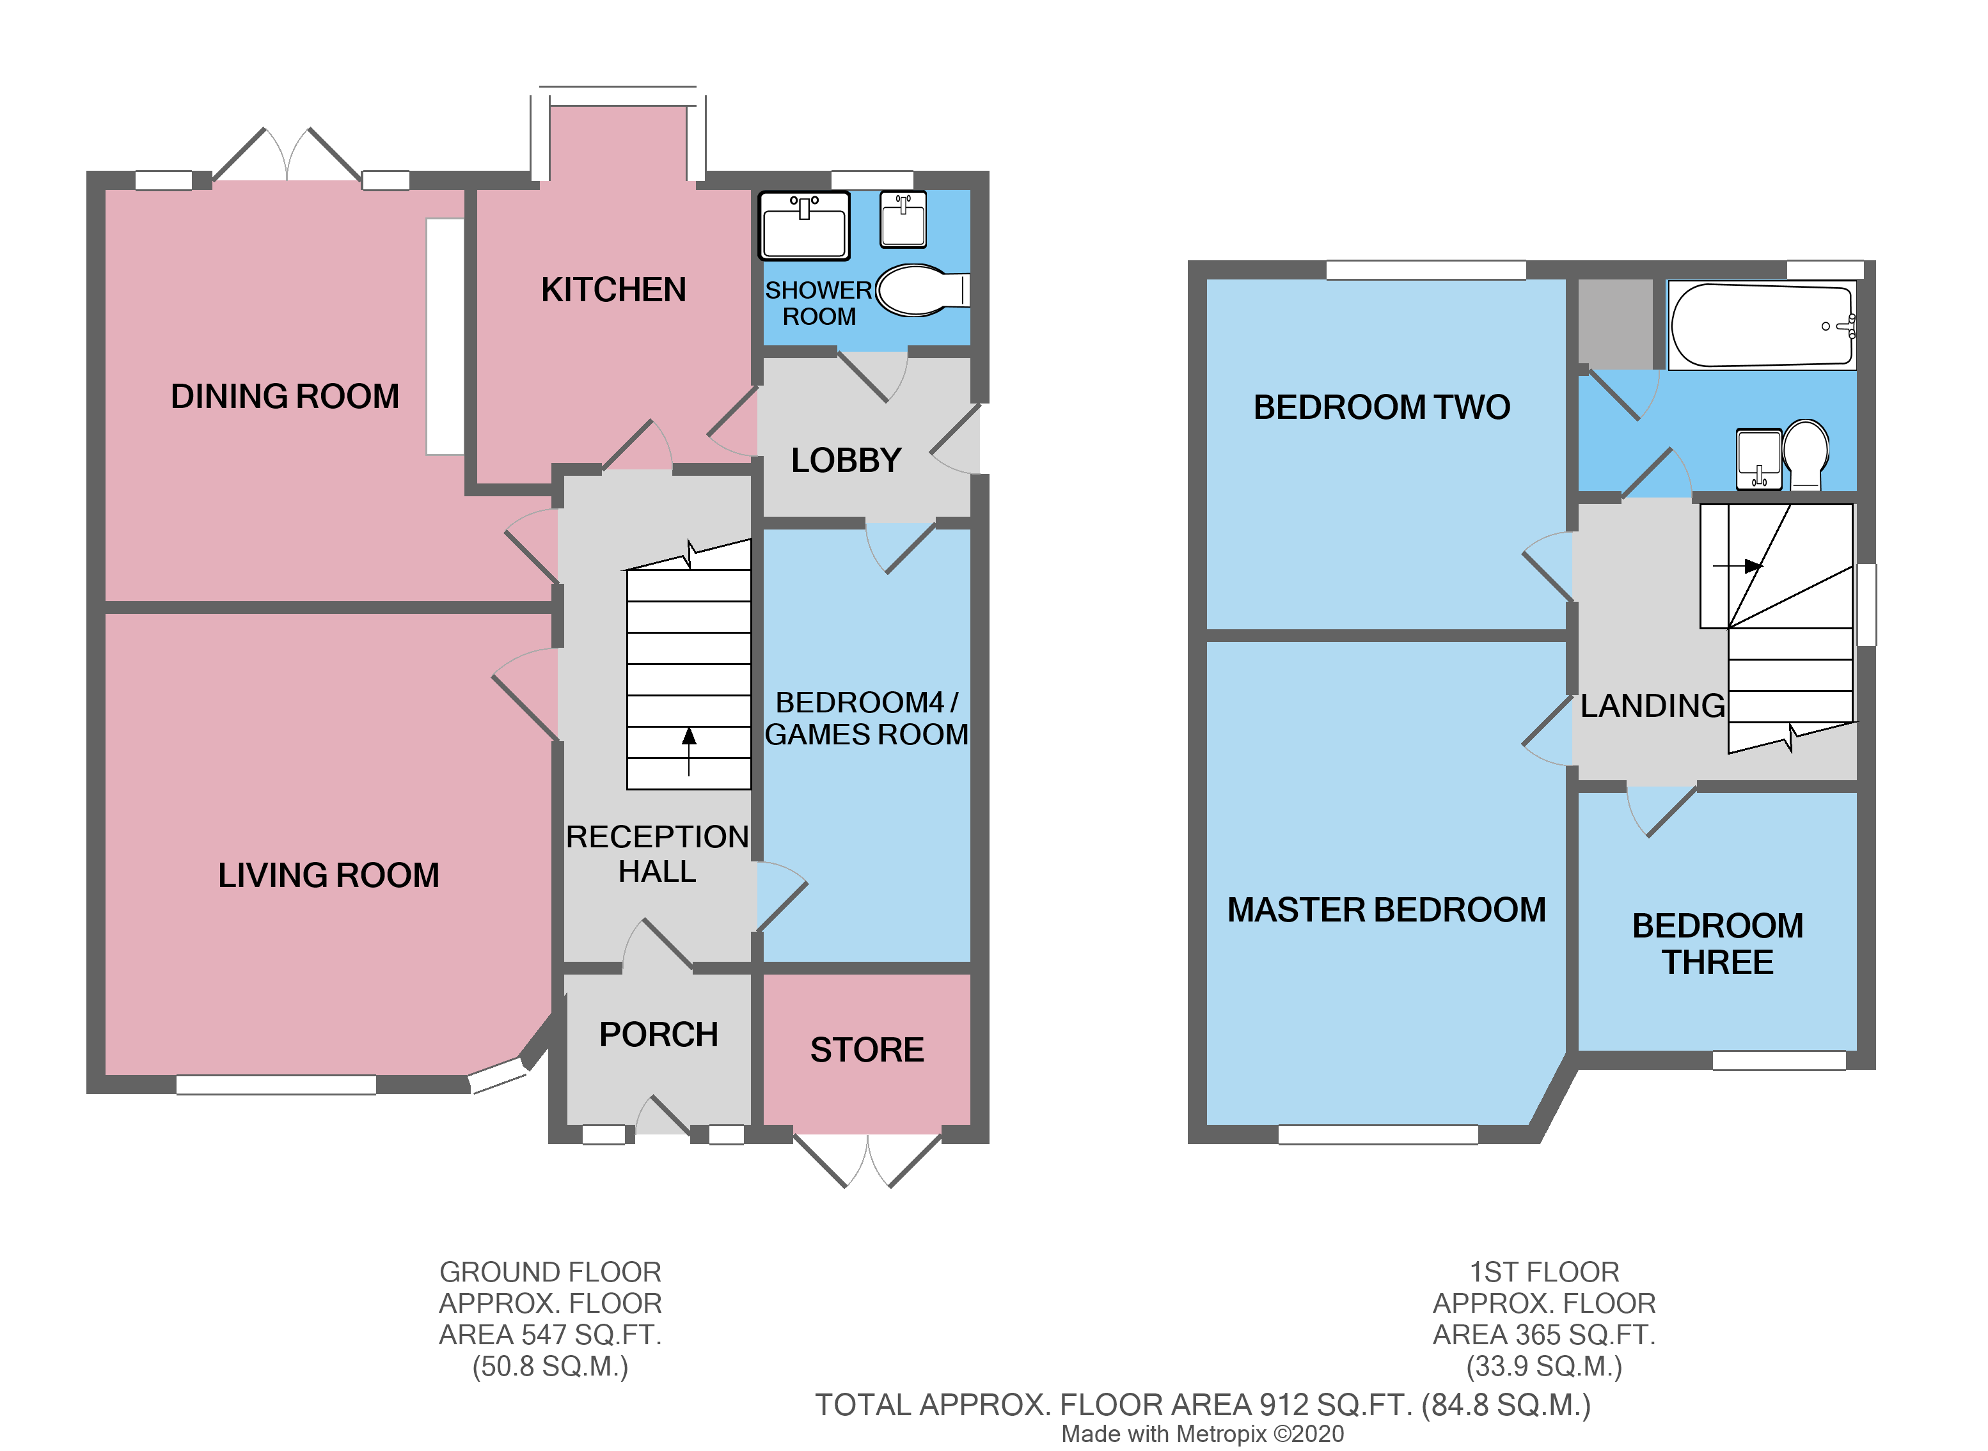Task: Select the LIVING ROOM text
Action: pos(329,875)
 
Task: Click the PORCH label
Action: pos(658,1034)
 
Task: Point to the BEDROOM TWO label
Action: pos(1381,407)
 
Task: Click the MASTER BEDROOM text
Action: pos(1385,909)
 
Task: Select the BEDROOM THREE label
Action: pos(1717,943)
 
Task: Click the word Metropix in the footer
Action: pos(1221,1434)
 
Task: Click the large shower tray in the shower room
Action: pos(804,226)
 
